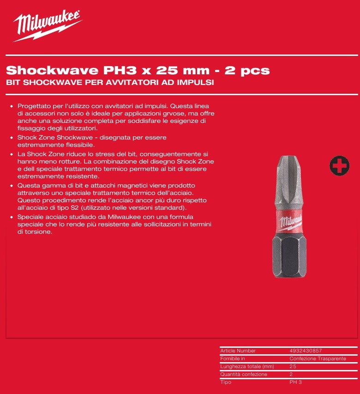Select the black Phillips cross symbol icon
339,166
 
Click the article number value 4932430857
306,351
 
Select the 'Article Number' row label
238,351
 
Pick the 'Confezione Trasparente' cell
318,359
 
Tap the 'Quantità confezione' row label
244,375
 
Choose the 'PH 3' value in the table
295,382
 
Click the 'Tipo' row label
226,382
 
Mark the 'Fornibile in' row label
233,359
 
